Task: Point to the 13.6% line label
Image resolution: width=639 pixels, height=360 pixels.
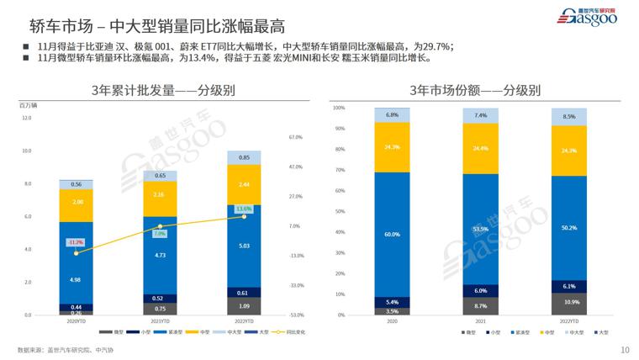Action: (x=244, y=209)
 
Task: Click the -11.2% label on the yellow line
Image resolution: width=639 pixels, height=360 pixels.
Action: (x=76, y=242)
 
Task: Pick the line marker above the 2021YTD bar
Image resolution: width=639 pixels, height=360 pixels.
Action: (x=160, y=226)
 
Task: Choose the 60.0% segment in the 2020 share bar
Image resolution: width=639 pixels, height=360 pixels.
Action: (x=392, y=235)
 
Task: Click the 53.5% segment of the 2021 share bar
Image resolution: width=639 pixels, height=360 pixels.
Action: (x=480, y=228)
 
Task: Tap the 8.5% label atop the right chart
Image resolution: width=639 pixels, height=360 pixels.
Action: (x=569, y=117)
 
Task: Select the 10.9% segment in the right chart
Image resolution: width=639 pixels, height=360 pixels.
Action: (x=569, y=302)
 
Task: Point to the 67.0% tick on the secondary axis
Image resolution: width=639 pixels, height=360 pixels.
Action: (x=295, y=137)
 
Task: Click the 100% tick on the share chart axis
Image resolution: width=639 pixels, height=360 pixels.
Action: (x=339, y=108)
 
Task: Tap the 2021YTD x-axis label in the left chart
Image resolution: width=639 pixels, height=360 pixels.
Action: (x=160, y=320)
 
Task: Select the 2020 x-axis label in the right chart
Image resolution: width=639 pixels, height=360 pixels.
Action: (x=392, y=320)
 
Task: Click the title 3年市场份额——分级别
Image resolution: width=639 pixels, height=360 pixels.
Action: (x=475, y=89)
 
